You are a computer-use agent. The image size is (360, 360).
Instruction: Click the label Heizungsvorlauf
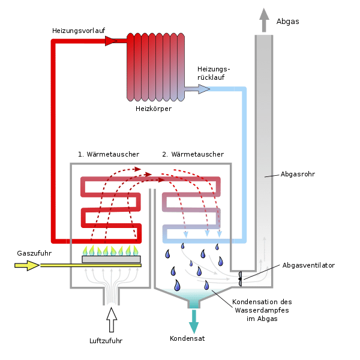pos(79,31)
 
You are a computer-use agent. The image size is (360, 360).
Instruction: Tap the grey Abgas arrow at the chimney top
pos(264,20)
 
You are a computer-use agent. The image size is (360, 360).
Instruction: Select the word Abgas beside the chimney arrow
pos(287,22)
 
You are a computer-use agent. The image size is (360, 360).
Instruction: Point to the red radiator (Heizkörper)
pos(155,67)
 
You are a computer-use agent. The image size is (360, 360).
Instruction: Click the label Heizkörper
pos(154,109)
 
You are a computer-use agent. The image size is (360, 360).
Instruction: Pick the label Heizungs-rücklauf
pos(214,73)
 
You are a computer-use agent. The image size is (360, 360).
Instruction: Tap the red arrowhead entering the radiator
pos(111,41)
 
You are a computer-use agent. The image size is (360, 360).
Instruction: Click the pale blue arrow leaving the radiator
pos(197,89)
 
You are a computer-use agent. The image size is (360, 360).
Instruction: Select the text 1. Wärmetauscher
pos(109,154)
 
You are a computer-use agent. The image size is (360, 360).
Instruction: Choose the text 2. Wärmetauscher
pos(193,154)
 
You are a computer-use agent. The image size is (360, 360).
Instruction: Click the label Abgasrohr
pos(298,174)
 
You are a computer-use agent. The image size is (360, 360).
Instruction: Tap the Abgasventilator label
pos(308,265)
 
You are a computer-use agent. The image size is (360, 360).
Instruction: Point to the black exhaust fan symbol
pos(240,279)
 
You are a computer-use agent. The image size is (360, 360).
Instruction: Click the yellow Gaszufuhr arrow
pos(27,265)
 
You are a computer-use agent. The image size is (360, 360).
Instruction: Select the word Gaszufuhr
pos(34,253)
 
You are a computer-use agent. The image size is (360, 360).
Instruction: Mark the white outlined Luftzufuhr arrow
pos(112,320)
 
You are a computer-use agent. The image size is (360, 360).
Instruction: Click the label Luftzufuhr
pos(106,341)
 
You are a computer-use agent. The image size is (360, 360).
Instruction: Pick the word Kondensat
pos(187,338)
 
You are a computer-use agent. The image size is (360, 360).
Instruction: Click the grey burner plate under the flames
pos(112,259)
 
